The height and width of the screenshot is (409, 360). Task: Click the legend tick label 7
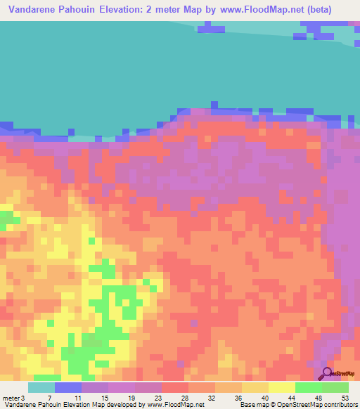click(49, 397)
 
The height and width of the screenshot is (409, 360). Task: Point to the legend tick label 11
click(77, 397)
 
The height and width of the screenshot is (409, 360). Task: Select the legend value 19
click(131, 397)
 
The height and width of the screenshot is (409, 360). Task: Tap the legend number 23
click(158, 397)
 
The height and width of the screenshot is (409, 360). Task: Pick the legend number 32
click(212, 397)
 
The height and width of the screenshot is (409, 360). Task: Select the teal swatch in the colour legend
click(41, 387)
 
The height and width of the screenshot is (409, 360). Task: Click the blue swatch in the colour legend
click(68, 387)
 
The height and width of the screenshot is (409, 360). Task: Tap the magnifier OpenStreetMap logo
click(327, 374)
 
